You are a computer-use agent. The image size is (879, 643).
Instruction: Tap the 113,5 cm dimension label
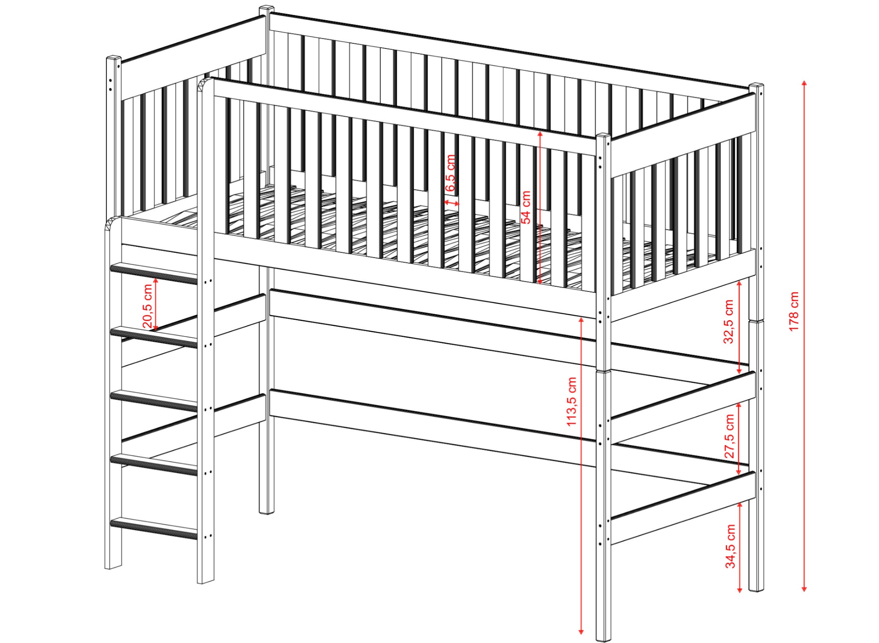coord(572,402)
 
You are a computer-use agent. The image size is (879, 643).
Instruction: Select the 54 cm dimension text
coord(526,207)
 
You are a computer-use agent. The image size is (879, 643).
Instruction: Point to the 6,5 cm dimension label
coord(451,173)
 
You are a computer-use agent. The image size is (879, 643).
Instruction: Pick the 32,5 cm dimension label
coord(728,321)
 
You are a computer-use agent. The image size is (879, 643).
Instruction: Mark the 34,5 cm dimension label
coord(730,547)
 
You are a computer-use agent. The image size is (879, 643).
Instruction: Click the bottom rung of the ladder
coord(154,528)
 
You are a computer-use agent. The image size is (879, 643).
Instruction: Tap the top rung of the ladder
coord(154,273)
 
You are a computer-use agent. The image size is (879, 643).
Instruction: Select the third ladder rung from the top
coord(154,400)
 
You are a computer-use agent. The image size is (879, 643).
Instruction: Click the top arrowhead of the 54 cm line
coord(540,134)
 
